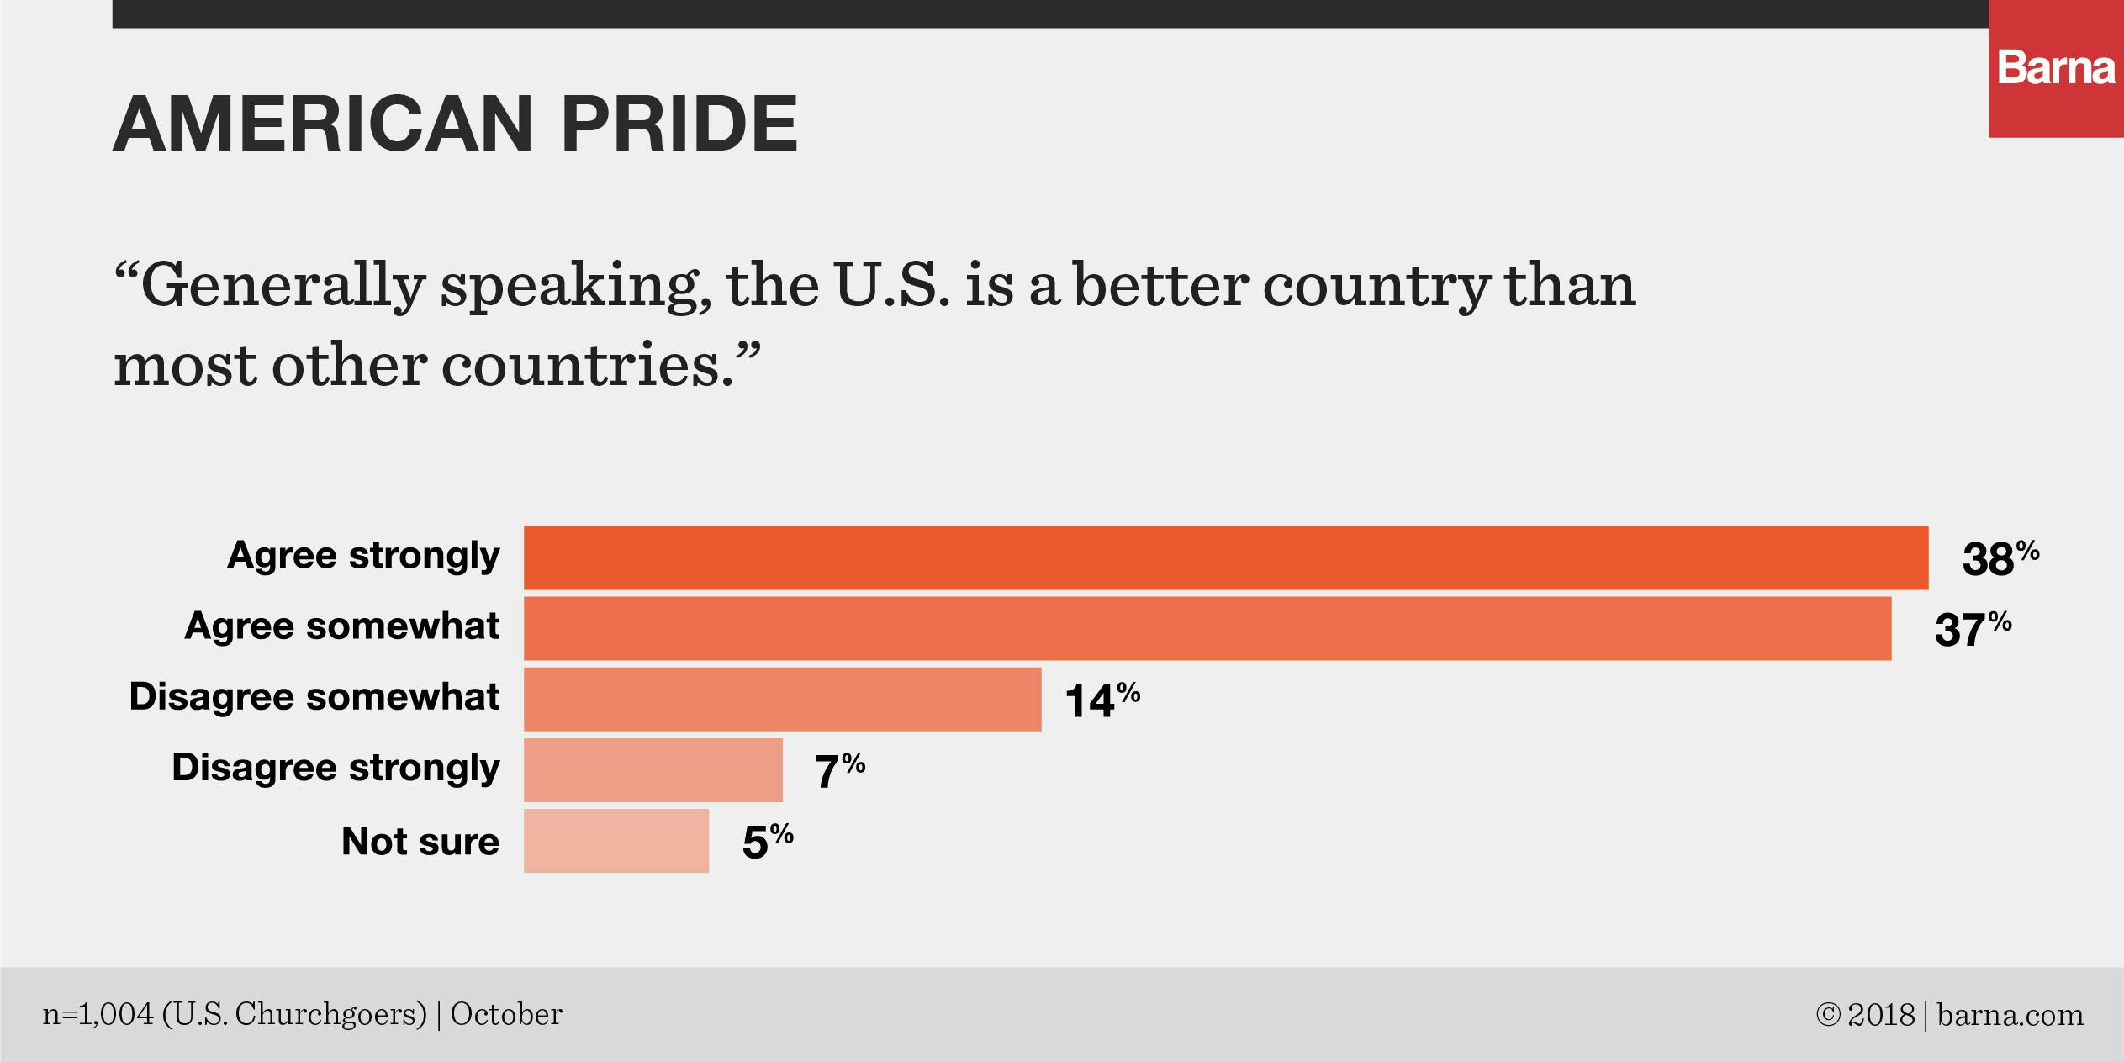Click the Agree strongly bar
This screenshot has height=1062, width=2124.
[1225, 557]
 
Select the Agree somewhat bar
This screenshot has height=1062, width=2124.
[1207, 628]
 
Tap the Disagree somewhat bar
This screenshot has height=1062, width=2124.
[782, 699]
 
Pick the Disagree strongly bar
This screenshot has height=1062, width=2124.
[653, 769]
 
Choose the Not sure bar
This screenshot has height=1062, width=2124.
[616, 841]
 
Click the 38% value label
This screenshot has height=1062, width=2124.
[2000, 558]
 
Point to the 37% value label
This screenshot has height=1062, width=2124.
[1972, 629]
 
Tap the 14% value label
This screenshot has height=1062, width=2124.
[1102, 700]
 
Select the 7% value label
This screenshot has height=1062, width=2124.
[839, 770]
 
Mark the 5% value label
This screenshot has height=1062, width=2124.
[767, 841]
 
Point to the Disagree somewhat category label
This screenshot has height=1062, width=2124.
[314, 698]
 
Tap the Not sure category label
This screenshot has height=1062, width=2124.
[420, 842]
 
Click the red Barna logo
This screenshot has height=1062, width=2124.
[2056, 69]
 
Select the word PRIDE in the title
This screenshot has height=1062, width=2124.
[679, 124]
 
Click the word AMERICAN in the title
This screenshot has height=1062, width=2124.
[323, 124]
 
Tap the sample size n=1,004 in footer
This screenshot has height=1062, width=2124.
[98, 1015]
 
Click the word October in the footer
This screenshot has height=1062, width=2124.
[506, 1015]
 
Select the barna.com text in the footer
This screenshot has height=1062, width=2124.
[2010, 1016]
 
